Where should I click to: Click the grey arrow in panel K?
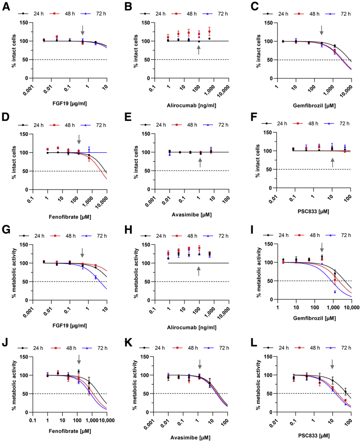tap(200, 364)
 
